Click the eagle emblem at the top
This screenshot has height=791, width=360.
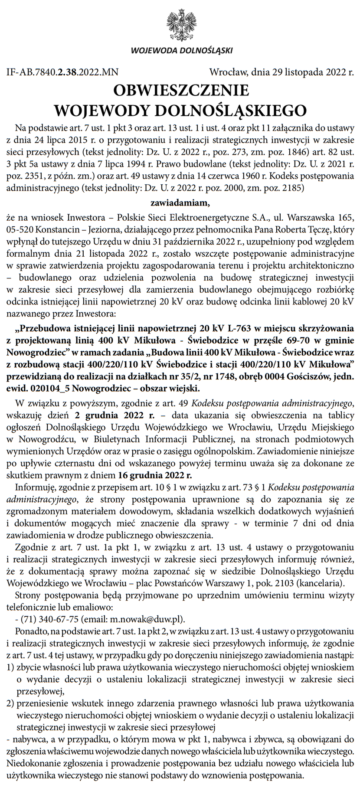click(182, 25)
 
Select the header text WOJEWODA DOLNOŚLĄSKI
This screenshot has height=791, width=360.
click(182, 51)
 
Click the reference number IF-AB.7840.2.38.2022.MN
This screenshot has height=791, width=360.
click(62, 72)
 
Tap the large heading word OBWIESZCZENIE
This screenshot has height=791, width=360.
click(181, 90)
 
